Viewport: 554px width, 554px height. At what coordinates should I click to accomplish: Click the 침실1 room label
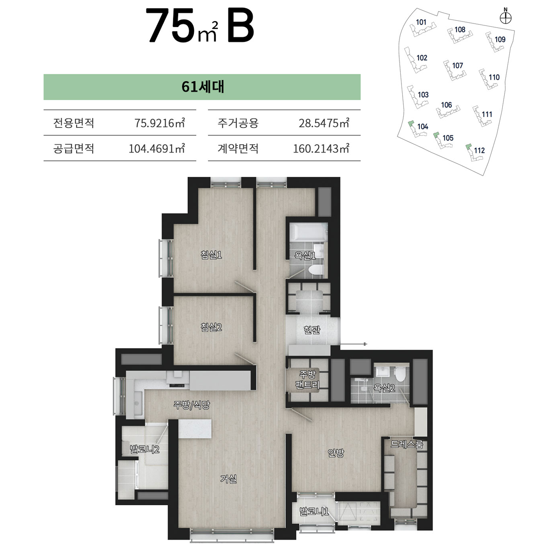[211, 255]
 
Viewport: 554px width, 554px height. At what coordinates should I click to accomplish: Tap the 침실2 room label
[211, 327]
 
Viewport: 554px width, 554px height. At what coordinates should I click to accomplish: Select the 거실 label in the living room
[228, 479]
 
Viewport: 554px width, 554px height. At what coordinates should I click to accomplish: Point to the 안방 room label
[336, 453]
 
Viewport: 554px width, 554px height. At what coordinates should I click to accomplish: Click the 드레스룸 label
[407, 444]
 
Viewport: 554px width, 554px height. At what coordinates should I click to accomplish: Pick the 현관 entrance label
[312, 329]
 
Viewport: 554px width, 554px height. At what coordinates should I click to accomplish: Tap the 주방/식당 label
[192, 405]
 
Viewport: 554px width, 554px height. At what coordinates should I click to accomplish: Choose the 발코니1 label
[314, 512]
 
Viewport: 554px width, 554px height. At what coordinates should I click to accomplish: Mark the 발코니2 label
[144, 449]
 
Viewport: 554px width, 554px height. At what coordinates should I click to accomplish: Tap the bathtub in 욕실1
[308, 232]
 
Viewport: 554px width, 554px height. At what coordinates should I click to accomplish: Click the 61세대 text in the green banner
[203, 87]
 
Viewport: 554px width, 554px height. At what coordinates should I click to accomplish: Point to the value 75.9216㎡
[160, 123]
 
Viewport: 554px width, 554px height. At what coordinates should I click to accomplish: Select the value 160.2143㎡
[321, 148]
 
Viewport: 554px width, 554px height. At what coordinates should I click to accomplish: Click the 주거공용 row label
[238, 123]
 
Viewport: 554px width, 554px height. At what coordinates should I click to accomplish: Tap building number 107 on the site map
[458, 65]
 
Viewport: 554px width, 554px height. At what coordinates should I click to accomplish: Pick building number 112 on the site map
[479, 150]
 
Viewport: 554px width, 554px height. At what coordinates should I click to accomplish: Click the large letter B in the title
[240, 26]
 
